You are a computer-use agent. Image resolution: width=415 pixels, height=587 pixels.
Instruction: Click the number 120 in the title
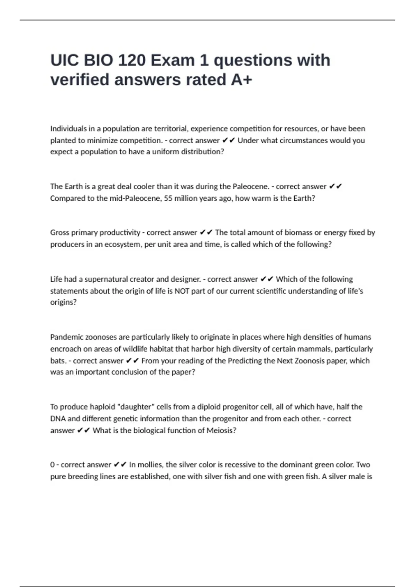(x=132, y=60)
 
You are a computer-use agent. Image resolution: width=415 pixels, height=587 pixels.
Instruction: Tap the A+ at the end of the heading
(x=241, y=80)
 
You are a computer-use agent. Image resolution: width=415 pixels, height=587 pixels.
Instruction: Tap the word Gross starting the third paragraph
(x=59, y=233)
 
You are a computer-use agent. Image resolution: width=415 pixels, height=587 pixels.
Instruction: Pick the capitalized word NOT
(x=182, y=291)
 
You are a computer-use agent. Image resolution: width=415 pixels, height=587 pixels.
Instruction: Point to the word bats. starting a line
(x=58, y=361)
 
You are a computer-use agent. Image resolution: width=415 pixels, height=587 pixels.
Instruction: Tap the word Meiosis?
(x=221, y=431)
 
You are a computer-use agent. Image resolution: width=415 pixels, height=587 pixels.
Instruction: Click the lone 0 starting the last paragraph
(x=52, y=465)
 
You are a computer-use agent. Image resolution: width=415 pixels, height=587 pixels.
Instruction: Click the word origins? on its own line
(x=63, y=302)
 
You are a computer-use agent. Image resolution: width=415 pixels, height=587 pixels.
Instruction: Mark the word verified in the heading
(x=80, y=80)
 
